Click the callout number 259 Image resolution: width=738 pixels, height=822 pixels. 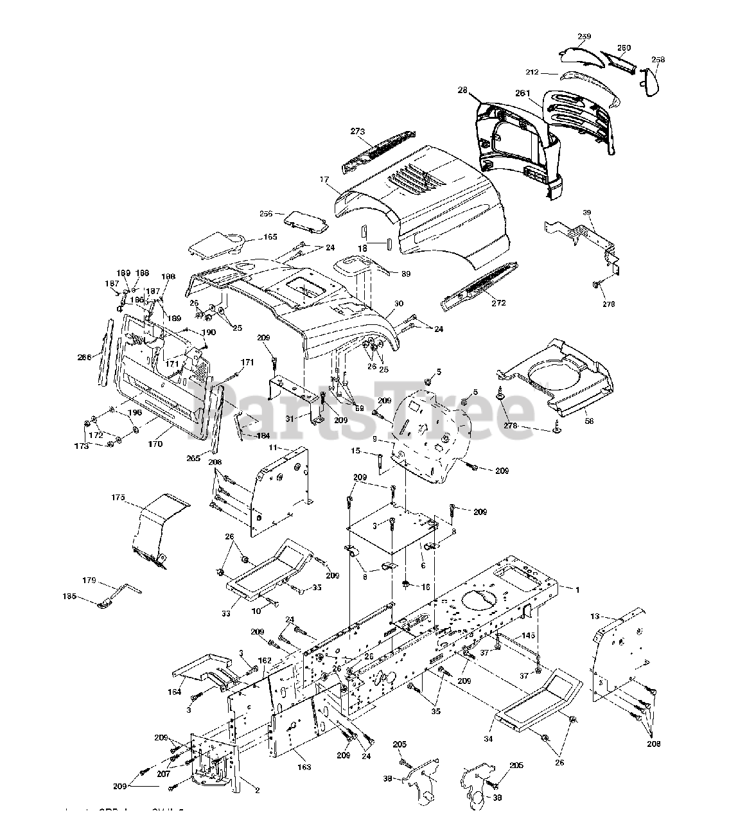(584, 37)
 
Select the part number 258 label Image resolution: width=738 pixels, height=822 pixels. (658, 60)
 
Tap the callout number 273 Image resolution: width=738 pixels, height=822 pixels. (358, 131)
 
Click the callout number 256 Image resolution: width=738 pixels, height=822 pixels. (265, 213)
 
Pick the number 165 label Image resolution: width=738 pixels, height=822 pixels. (270, 237)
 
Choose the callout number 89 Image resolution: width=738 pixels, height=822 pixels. (405, 274)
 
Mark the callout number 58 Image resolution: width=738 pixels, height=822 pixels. (589, 421)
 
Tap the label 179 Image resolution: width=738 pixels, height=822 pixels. (89, 581)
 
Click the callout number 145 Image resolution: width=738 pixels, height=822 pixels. (528, 635)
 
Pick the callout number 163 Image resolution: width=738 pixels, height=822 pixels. (304, 767)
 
